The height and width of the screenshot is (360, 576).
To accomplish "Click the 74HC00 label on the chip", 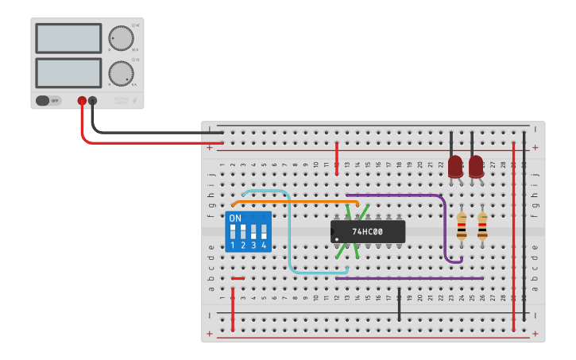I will pos(368,232).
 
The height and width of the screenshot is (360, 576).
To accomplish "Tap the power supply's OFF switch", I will pos(48,100).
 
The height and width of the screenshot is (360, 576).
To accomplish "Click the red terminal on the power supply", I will pos(82,101).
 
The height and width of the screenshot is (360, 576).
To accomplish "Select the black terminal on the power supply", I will pos(93,101).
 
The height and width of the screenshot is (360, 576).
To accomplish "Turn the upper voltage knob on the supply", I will pos(121,38).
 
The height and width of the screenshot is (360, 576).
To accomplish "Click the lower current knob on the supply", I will pos(121,73).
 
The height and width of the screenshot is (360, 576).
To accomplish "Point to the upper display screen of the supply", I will pos(68,38).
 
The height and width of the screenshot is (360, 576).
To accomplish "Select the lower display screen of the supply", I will pos(68,72).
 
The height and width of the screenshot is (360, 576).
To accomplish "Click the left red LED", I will pos(455,167).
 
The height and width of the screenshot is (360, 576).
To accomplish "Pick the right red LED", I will pos(476,167).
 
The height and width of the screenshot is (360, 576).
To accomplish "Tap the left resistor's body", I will pos(462,226).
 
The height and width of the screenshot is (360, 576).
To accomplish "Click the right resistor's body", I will pos(482,226).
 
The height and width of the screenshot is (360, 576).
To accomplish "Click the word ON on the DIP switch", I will pos(235,218).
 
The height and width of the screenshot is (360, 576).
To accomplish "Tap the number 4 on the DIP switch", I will pos(264,246).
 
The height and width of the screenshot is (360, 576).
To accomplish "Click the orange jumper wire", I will pos(294,202).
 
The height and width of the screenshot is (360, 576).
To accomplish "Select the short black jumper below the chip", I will pos(399,307).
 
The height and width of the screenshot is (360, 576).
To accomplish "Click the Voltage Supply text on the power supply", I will pos(121,101).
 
